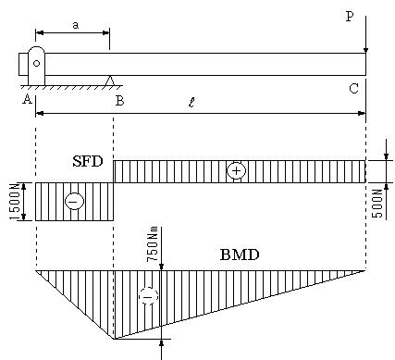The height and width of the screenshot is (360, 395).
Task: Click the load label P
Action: coord(350,17)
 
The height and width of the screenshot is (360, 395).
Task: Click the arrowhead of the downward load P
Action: coord(365,51)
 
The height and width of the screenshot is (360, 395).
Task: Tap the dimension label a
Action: coord(76,25)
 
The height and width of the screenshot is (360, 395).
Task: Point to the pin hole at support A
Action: coord(36,63)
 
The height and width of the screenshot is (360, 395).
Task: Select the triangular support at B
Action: coord(110,81)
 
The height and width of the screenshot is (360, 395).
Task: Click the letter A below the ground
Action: coord(27,99)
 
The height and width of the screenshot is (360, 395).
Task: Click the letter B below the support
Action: coord(119,101)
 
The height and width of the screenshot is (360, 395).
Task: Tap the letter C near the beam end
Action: coord(353,89)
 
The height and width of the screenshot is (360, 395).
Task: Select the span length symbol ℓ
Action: coord(191,102)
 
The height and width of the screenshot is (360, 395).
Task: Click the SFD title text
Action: coord(88,161)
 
